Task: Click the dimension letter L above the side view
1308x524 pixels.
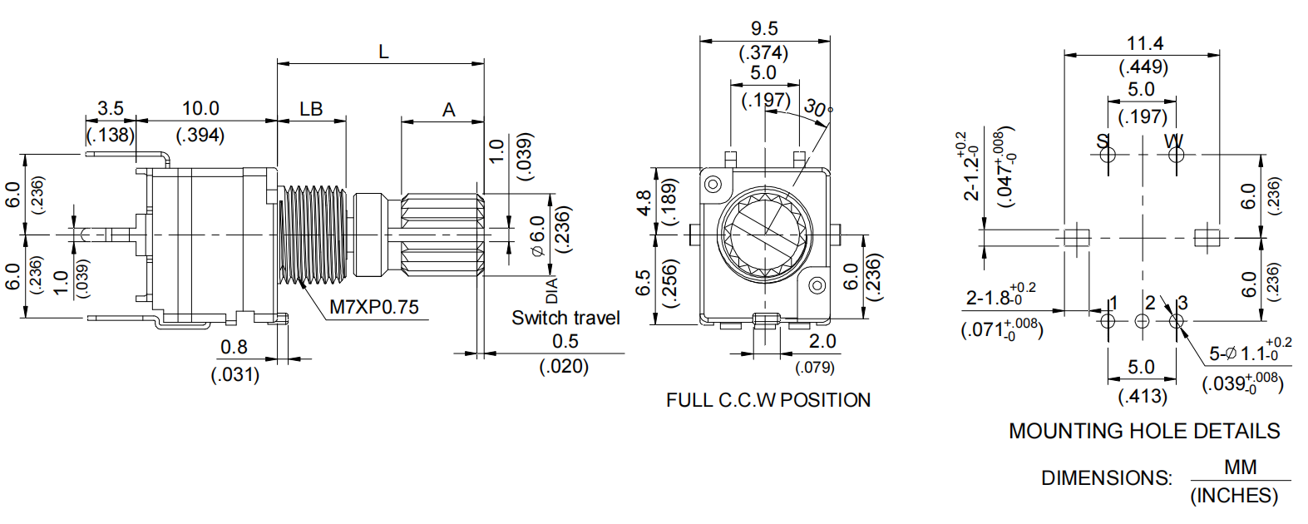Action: coord(383,52)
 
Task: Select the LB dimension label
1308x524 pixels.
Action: coord(311,109)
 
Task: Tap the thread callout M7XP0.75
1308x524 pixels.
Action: coord(374,307)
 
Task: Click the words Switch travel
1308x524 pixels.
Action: coord(565,318)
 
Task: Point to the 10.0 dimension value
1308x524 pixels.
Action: coord(200,108)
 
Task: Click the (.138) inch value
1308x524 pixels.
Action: coord(110,135)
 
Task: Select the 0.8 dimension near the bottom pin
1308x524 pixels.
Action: coord(234,347)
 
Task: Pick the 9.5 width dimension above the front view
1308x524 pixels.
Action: coord(763,29)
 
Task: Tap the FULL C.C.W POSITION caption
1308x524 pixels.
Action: coord(768,400)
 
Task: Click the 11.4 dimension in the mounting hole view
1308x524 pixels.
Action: coord(1144,43)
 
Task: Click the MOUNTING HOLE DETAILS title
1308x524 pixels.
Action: coord(1144,431)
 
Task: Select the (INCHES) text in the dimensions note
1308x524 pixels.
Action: coord(1234,496)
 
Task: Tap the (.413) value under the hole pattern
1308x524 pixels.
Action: coord(1143,396)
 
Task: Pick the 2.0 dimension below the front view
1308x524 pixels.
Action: coord(822,341)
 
